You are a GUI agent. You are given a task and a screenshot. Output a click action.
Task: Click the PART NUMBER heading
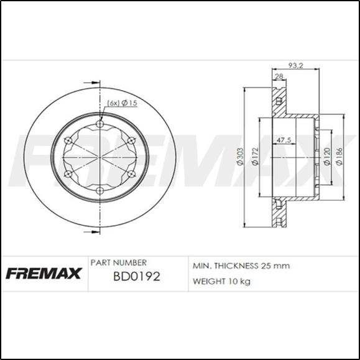click(x=119, y=263)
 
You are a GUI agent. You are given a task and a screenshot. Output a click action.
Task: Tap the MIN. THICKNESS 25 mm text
click(x=241, y=265)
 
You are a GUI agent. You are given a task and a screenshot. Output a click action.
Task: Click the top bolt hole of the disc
click(x=99, y=125)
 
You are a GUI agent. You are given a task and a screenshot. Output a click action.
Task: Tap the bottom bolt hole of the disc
click(x=99, y=190)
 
